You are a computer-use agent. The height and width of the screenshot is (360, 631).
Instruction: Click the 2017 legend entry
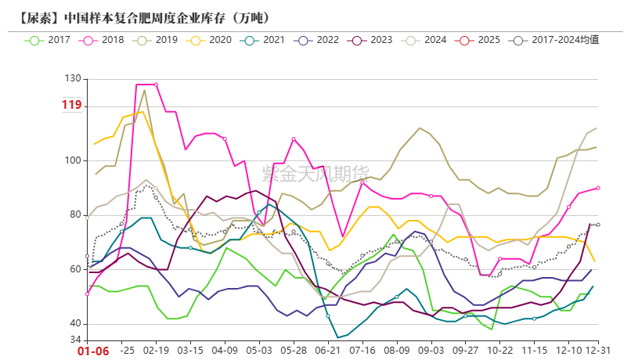tap(48, 39)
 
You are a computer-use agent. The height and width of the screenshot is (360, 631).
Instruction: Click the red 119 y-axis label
tap(71, 106)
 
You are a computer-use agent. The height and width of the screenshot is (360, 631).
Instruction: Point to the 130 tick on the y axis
tap(73, 78)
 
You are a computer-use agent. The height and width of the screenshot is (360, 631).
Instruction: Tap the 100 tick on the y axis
tap(73, 160)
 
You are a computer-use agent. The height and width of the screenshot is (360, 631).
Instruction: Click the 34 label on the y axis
tap(75, 340)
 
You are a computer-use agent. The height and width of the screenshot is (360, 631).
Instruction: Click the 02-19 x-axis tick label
tap(157, 351)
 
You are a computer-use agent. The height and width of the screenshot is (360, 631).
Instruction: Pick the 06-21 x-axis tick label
tap(328, 351)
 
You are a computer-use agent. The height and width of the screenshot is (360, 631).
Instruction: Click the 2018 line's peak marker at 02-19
tap(156, 85)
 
